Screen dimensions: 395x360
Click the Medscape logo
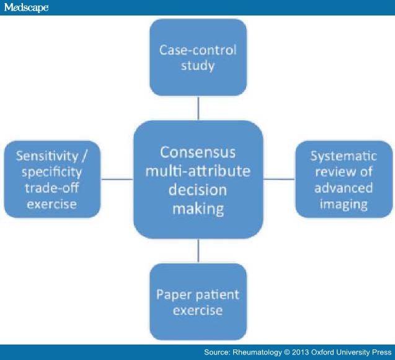pyautogui.click(x=26, y=7)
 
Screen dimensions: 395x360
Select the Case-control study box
pyautogui.click(x=198, y=58)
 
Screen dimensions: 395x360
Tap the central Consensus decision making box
pyautogui.click(x=198, y=180)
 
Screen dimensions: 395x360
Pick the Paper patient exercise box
pyautogui.click(x=198, y=302)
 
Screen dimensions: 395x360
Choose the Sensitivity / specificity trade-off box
pyautogui.click(x=52, y=179)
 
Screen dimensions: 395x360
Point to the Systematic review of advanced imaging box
pyautogui.click(x=344, y=179)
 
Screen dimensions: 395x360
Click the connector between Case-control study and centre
pyautogui.click(x=198, y=108)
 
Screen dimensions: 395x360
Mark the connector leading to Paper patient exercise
pyautogui.click(x=198, y=251)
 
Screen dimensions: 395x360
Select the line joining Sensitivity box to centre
pyautogui.click(x=117, y=179)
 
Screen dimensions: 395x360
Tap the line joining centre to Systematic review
pyautogui.click(x=280, y=179)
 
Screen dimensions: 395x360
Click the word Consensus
pyautogui.click(x=198, y=152)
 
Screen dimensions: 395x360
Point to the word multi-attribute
pyautogui.click(x=198, y=171)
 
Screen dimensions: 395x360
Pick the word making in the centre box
pyautogui.click(x=198, y=209)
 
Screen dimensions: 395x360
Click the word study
pyautogui.click(x=198, y=66)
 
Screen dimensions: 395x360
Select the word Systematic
pyautogui.click(x=344, y=156)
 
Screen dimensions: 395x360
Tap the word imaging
pyautogui.click(x=344, y=204)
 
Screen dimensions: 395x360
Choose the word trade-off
pyautogui.click(x=52, y=188)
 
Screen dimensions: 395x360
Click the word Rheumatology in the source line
pyautogui.click(x=257, y=352)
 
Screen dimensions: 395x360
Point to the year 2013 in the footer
pyautogui.click(x=301, y=352)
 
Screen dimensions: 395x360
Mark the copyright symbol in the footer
pyautogui.click(x=286, y=352)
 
